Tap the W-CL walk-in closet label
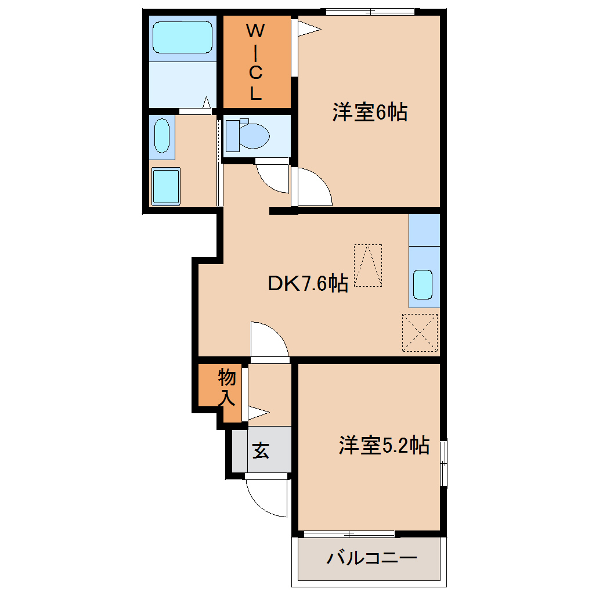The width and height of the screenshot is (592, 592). coord(256,62)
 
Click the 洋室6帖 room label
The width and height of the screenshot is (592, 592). coord(369,112)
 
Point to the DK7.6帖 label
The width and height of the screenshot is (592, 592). coord(308,284)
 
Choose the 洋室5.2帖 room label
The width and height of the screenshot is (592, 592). coord(384,445)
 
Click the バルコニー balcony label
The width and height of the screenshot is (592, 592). coord(371,559)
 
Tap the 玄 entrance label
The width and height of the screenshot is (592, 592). coord(261,450)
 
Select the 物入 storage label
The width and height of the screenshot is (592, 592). coord(226,388)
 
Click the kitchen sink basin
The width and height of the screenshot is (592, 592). coord(423,284)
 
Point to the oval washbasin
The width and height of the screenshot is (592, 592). coord(162,136)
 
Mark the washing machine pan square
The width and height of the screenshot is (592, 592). coord(165,186)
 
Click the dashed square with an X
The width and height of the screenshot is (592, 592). coord(420,333)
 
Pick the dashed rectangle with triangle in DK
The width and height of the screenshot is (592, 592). coord(368,265)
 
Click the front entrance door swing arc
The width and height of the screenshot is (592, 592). coord(268,497)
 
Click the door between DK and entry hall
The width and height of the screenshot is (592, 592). coord(269,341)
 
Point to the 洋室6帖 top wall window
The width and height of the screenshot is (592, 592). coord(370,11)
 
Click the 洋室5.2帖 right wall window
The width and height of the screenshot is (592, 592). coord(443,463)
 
